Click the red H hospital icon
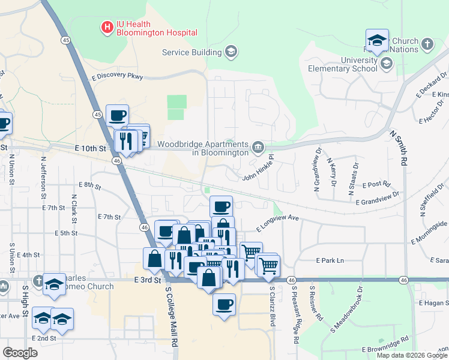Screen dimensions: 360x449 coord(107,27)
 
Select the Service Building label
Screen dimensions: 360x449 coord(192,52)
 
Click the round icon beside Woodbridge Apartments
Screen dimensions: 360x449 coord(258,146)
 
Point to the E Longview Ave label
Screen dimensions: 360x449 coord(277,223)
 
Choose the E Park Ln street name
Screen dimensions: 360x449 coord(330,260)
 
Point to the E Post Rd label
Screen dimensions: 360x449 coord(377,184)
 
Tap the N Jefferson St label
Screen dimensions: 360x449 coord(44,178)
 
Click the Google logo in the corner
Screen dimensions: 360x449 coord(20,352)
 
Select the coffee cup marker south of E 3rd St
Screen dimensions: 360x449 coord(224,304)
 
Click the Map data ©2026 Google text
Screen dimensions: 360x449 coord(411,355)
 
